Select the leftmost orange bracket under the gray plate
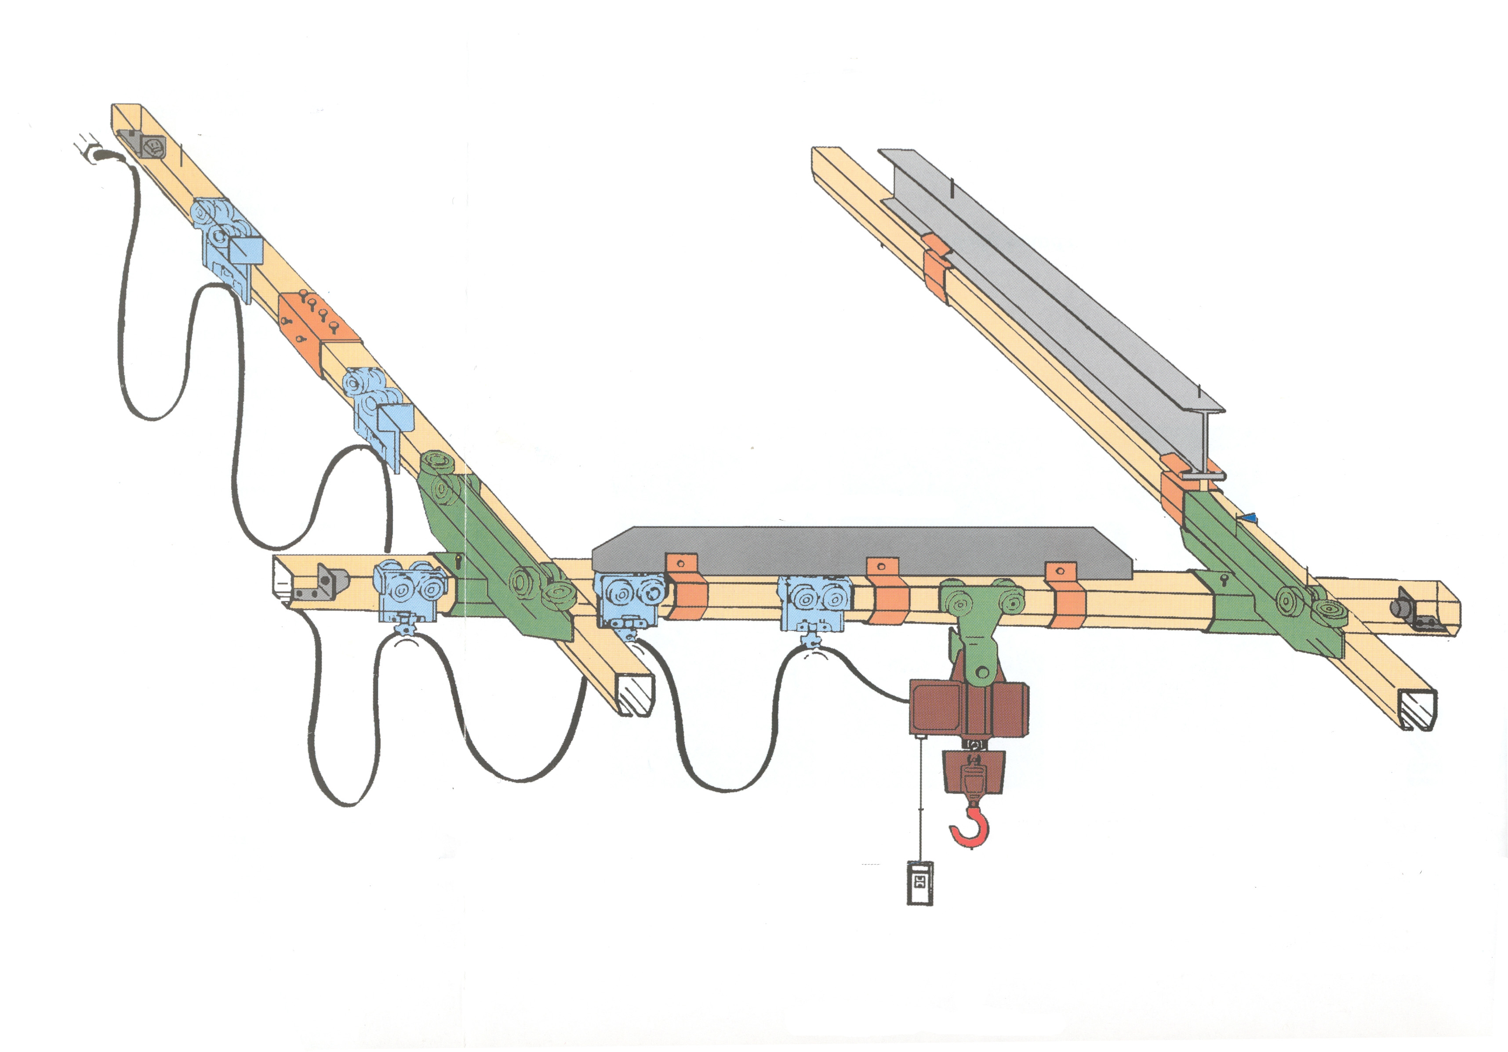click(x=687, y=588)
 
